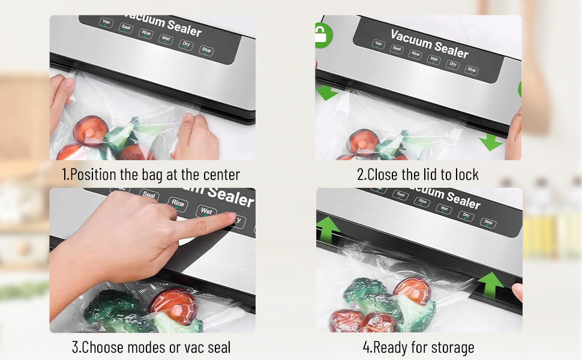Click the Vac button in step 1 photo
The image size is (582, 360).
tap(106, 22)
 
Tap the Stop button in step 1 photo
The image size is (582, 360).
tap(206, 50)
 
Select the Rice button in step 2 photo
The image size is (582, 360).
tap(415, 54)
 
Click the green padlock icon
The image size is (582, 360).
tap(322, 35)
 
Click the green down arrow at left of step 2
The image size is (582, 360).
tap(326, 92)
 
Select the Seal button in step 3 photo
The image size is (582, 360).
tap(149, 194)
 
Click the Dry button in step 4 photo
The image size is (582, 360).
tap(466, 215)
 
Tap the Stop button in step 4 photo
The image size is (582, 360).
tap(488, 223)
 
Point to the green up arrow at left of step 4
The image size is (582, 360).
tap(328, 229)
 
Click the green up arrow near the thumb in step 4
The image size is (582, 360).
tap(491, 284)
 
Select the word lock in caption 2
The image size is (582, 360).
tap(467, 175)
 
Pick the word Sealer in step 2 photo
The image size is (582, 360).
tap(451, 50)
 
